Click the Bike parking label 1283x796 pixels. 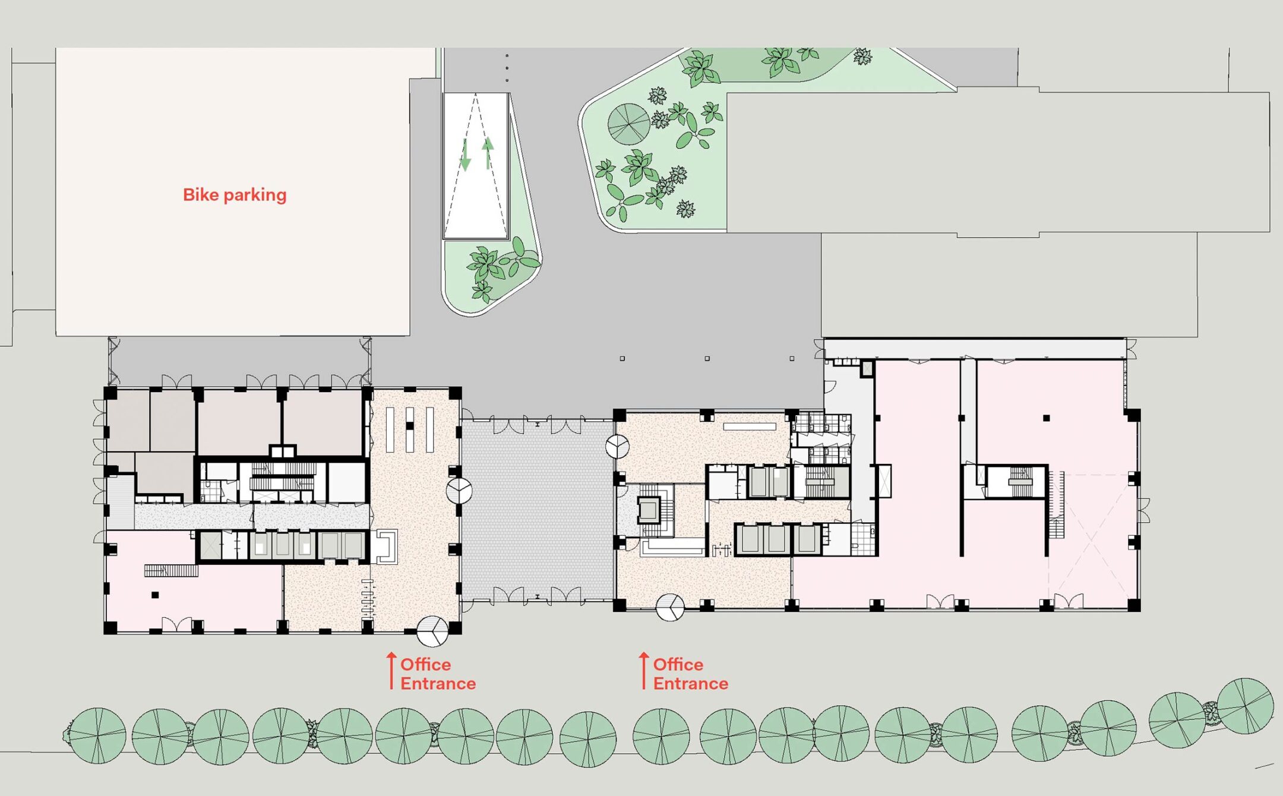pos(235,195)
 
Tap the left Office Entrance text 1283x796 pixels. pos(437,674)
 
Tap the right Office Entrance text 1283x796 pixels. pos(690,674)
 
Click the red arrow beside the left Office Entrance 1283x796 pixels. pos(391,671)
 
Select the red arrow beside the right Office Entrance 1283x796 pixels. pos(644,671)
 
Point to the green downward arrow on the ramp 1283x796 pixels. pos(466,155)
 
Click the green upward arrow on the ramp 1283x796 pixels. pos(488,153)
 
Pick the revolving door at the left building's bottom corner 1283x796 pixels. pos(432,631)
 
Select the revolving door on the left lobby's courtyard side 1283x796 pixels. pos(459,491)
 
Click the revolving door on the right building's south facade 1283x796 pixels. pos(670,607)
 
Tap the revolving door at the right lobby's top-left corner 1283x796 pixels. pos(617,446)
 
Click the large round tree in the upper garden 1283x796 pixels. pos(628,124)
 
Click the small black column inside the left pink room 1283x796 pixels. pos(155,595)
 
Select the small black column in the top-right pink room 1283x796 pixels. pos(1046,418)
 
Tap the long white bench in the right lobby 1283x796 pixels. pos(749,427)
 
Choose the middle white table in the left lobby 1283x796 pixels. pos(410,429)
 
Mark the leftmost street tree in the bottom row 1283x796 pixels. pos(98,735)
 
